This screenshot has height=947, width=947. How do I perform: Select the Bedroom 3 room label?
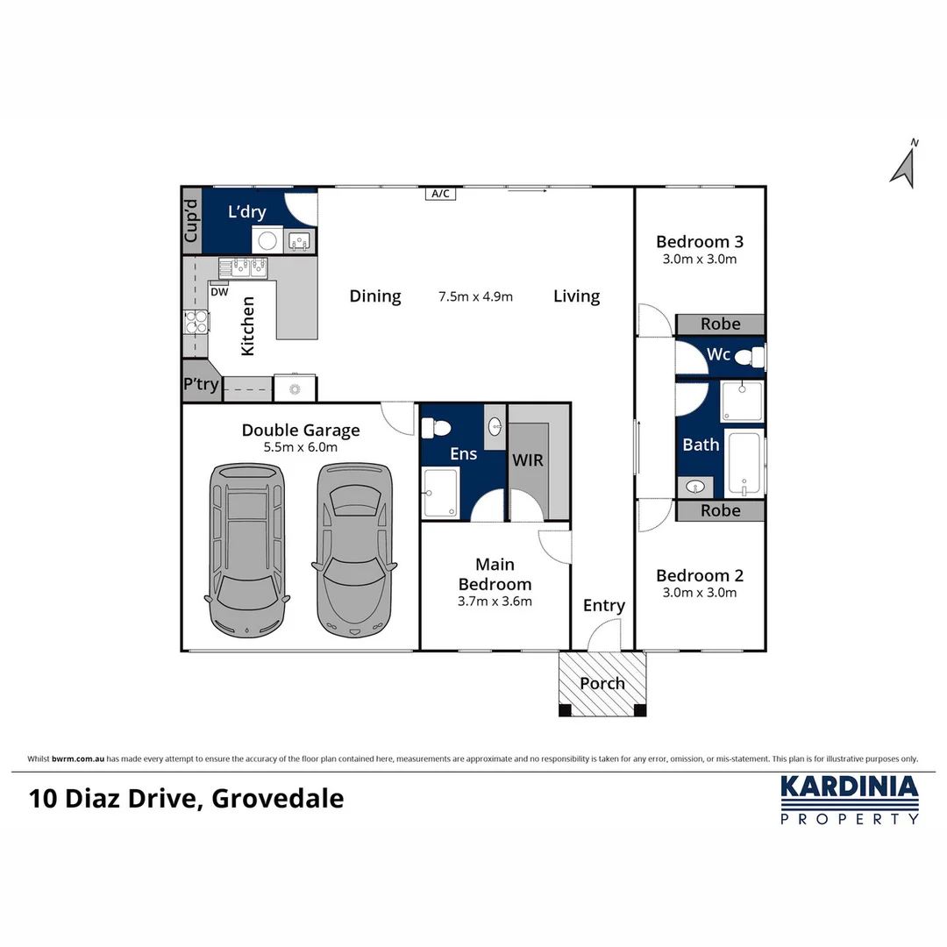[699, 242]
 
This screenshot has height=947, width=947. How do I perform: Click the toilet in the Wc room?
[747, 357]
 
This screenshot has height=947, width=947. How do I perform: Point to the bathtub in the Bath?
[745, 464]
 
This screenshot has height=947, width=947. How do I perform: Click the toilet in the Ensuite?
[437, 428]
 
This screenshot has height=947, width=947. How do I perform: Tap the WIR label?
[528, 460]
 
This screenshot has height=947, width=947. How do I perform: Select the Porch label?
[602, 683]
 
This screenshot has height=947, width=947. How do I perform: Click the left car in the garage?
[248, 550]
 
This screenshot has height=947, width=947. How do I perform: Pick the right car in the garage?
[354, 550]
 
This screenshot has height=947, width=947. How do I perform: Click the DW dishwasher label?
[220, 292]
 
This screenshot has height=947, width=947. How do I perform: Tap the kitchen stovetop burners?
[196, 323]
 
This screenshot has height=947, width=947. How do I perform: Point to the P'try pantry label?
[200, 384]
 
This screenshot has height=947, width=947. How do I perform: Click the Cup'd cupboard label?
[191, 220]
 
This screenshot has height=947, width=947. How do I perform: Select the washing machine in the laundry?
[267, 239]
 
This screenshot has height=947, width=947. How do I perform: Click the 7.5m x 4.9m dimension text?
[475, 296]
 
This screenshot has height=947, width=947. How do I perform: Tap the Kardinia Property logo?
[849, 799]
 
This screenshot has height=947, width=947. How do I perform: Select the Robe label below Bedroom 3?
[720, 324]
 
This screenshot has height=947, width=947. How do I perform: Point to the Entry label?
[603, 606]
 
